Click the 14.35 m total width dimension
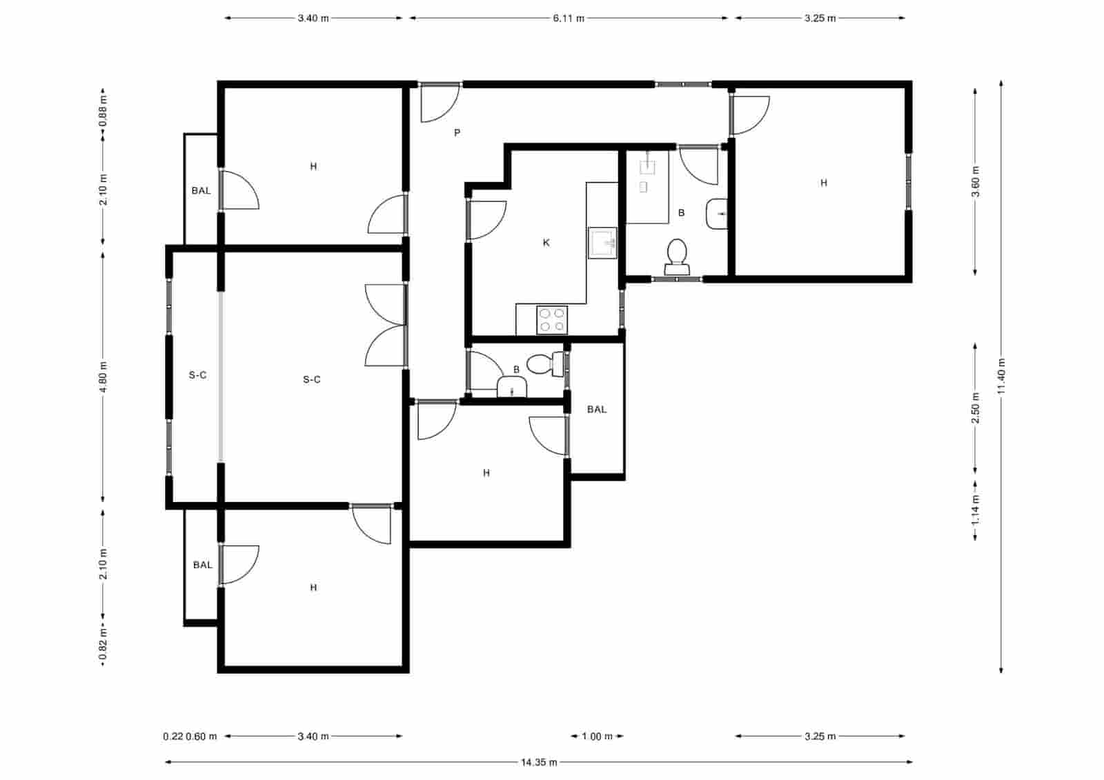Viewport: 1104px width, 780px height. point(539,762)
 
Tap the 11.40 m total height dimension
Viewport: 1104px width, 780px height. point(1001,377)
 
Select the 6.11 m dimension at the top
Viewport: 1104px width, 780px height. point(568,18)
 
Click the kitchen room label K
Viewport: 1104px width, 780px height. point(546,243)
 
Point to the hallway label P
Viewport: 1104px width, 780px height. point(457,132)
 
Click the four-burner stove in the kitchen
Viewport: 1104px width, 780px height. point(552,320)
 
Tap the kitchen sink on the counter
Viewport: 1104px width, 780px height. point(602,243)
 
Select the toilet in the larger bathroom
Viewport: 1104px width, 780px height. point(676,255)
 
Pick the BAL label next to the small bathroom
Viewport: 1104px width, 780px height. point(597,410)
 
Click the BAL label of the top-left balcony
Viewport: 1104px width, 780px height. point(201,190)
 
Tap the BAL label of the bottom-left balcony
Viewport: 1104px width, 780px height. point(203,565)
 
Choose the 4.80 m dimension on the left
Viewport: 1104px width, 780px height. point(103,377)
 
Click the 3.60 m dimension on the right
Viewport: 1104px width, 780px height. point(975,181)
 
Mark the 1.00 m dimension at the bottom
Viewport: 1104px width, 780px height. point(597,736)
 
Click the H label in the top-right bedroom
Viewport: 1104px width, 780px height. point(823,183)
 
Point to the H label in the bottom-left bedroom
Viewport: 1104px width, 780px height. point(313,588)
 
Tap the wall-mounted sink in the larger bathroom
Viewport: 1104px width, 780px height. point(718,214)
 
